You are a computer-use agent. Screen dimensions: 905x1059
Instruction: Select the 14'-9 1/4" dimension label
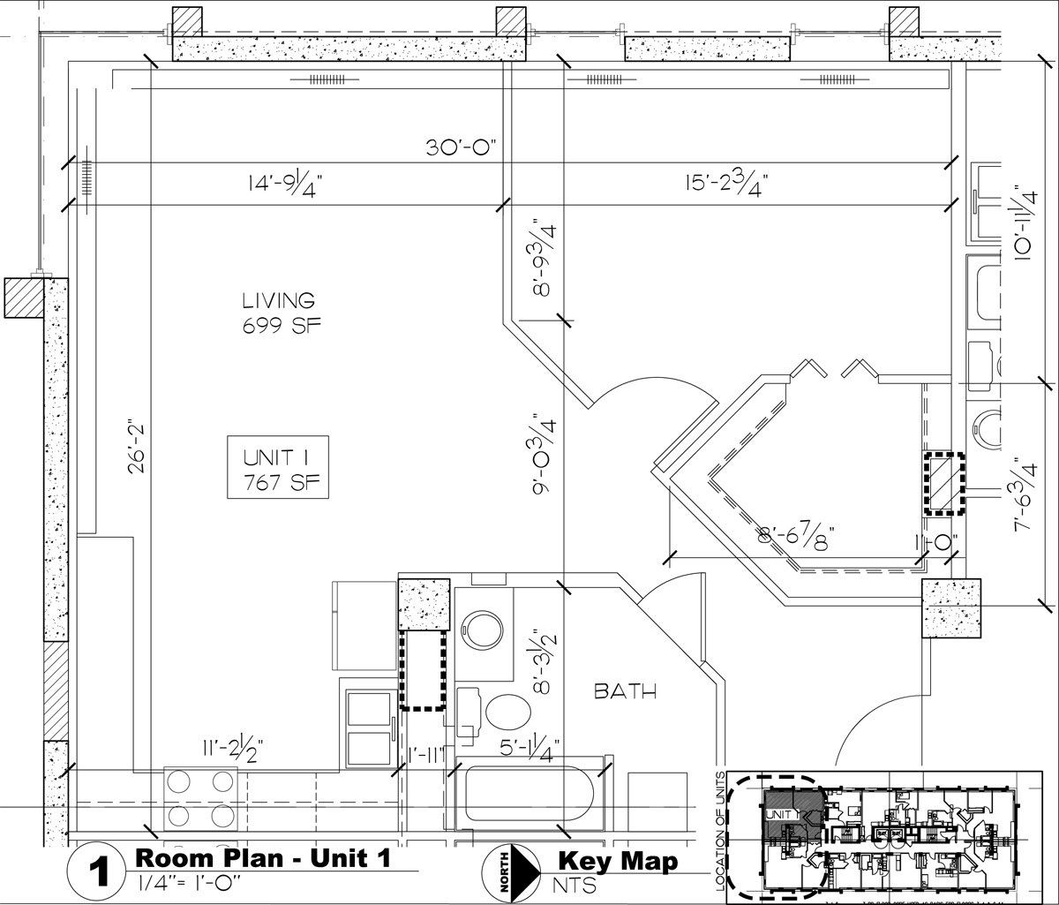point(284,185)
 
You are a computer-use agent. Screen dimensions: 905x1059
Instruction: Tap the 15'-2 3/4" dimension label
point(725,185)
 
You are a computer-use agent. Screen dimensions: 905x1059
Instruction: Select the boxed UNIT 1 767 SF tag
point(277,469)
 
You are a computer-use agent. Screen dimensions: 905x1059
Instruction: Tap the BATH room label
point(625,691)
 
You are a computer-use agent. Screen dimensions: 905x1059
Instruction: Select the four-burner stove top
point(201,798)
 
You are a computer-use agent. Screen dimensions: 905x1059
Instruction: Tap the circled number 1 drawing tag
point(99,873)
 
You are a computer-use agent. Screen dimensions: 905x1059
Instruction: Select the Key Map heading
point(618,861)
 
